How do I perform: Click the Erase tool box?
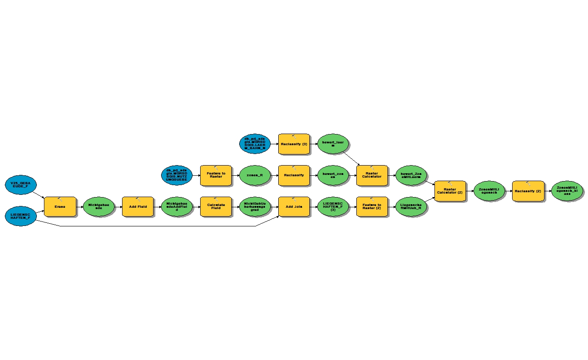click(x=60, y=207)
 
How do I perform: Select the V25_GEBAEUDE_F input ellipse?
click(x=21, y=184)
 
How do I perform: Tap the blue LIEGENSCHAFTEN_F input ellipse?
click(x=21, y=216)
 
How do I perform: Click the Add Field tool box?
click(x=138, y=207)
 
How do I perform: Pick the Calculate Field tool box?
click(x=216, y=207)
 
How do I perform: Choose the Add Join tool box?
click(x=294, y=207)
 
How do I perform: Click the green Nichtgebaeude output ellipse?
click(x=99, y=207)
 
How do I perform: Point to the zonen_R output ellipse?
click(x=255, y=175)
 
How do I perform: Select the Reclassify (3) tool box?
click(x=294, y=144)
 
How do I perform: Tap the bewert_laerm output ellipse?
click(x=333, y=144)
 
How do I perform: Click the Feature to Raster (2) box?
click(x=372, y=207)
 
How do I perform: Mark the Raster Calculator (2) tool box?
click(x=450, y=191)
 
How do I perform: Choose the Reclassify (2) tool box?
click(x=528, y=191)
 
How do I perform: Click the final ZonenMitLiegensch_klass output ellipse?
click(x=567, y=191)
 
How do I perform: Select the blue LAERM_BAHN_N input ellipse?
click(x=255, y=144)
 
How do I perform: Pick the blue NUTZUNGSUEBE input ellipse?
click(x=177, y=175)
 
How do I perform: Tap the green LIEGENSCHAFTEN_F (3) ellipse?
click(x=333, y=207)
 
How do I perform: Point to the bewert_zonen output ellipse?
click(x=333, y=175)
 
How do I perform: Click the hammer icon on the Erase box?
click(x=60, y=200)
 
